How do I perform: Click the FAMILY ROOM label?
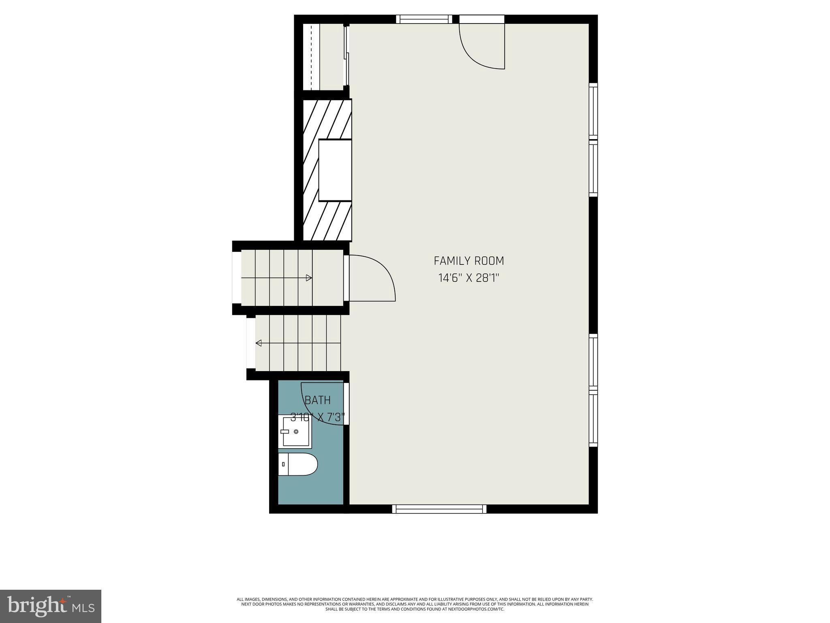click(x=469, y=261)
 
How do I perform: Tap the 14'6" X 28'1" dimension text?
click(x=469, y=278)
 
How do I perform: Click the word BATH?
click(x=318, y=400)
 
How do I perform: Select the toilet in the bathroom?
click(x=298, y=464)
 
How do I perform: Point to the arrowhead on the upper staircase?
click(x=309, y=278)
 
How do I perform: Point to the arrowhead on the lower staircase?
click(x=259, y=343)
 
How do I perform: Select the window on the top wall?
click(x=424, y=19)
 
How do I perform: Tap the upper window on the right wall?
click(x=593, y=140)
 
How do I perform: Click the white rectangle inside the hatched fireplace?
click(x=335, y=170)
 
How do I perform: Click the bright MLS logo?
click(x=51, y=606)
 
